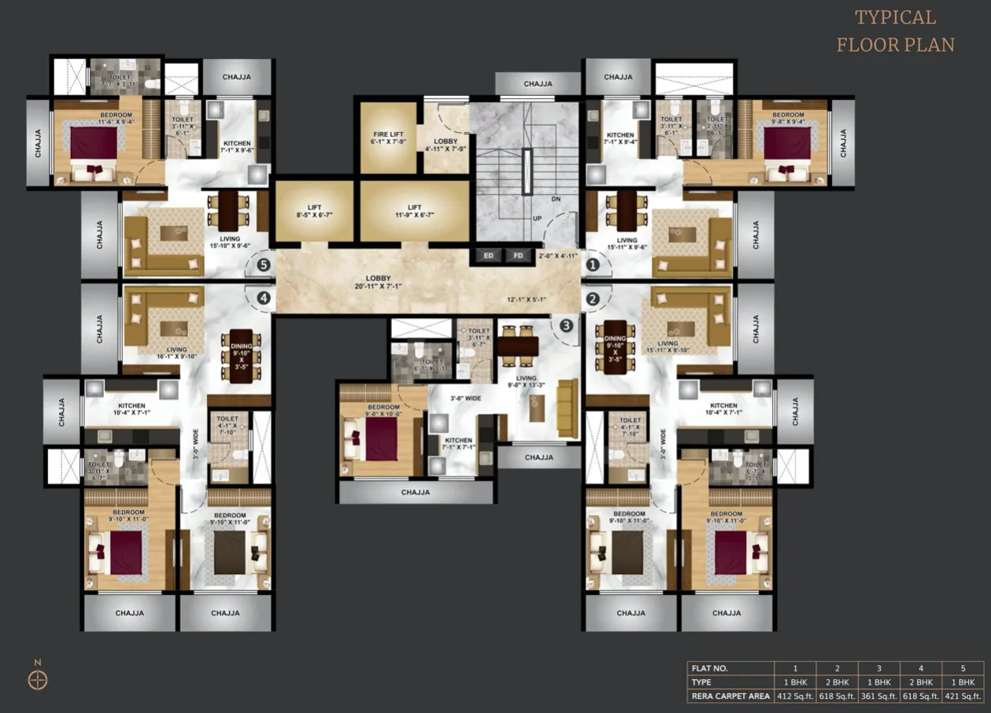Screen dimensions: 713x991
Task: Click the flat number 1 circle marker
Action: (593, 266)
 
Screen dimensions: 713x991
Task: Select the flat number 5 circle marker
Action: (263, 266)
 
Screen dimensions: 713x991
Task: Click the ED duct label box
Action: (488, 256)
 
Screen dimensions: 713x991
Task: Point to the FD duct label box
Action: (517, 256)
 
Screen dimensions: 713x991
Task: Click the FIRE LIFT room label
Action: (388, 139)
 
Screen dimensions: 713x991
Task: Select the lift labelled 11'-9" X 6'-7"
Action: (414, 211)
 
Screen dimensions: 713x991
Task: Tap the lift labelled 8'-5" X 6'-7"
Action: (314, 211)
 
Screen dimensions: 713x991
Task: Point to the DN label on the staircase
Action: (555, 198)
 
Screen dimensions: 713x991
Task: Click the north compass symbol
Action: (38, 679)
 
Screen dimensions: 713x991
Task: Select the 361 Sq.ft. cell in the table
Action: (878, 696)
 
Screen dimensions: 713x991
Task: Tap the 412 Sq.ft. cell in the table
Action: (795, 696)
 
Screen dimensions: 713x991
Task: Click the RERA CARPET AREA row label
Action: (730, 696)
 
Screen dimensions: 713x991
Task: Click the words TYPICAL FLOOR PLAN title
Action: (895, 31)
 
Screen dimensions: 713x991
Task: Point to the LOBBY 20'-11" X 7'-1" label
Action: (378, 283)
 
